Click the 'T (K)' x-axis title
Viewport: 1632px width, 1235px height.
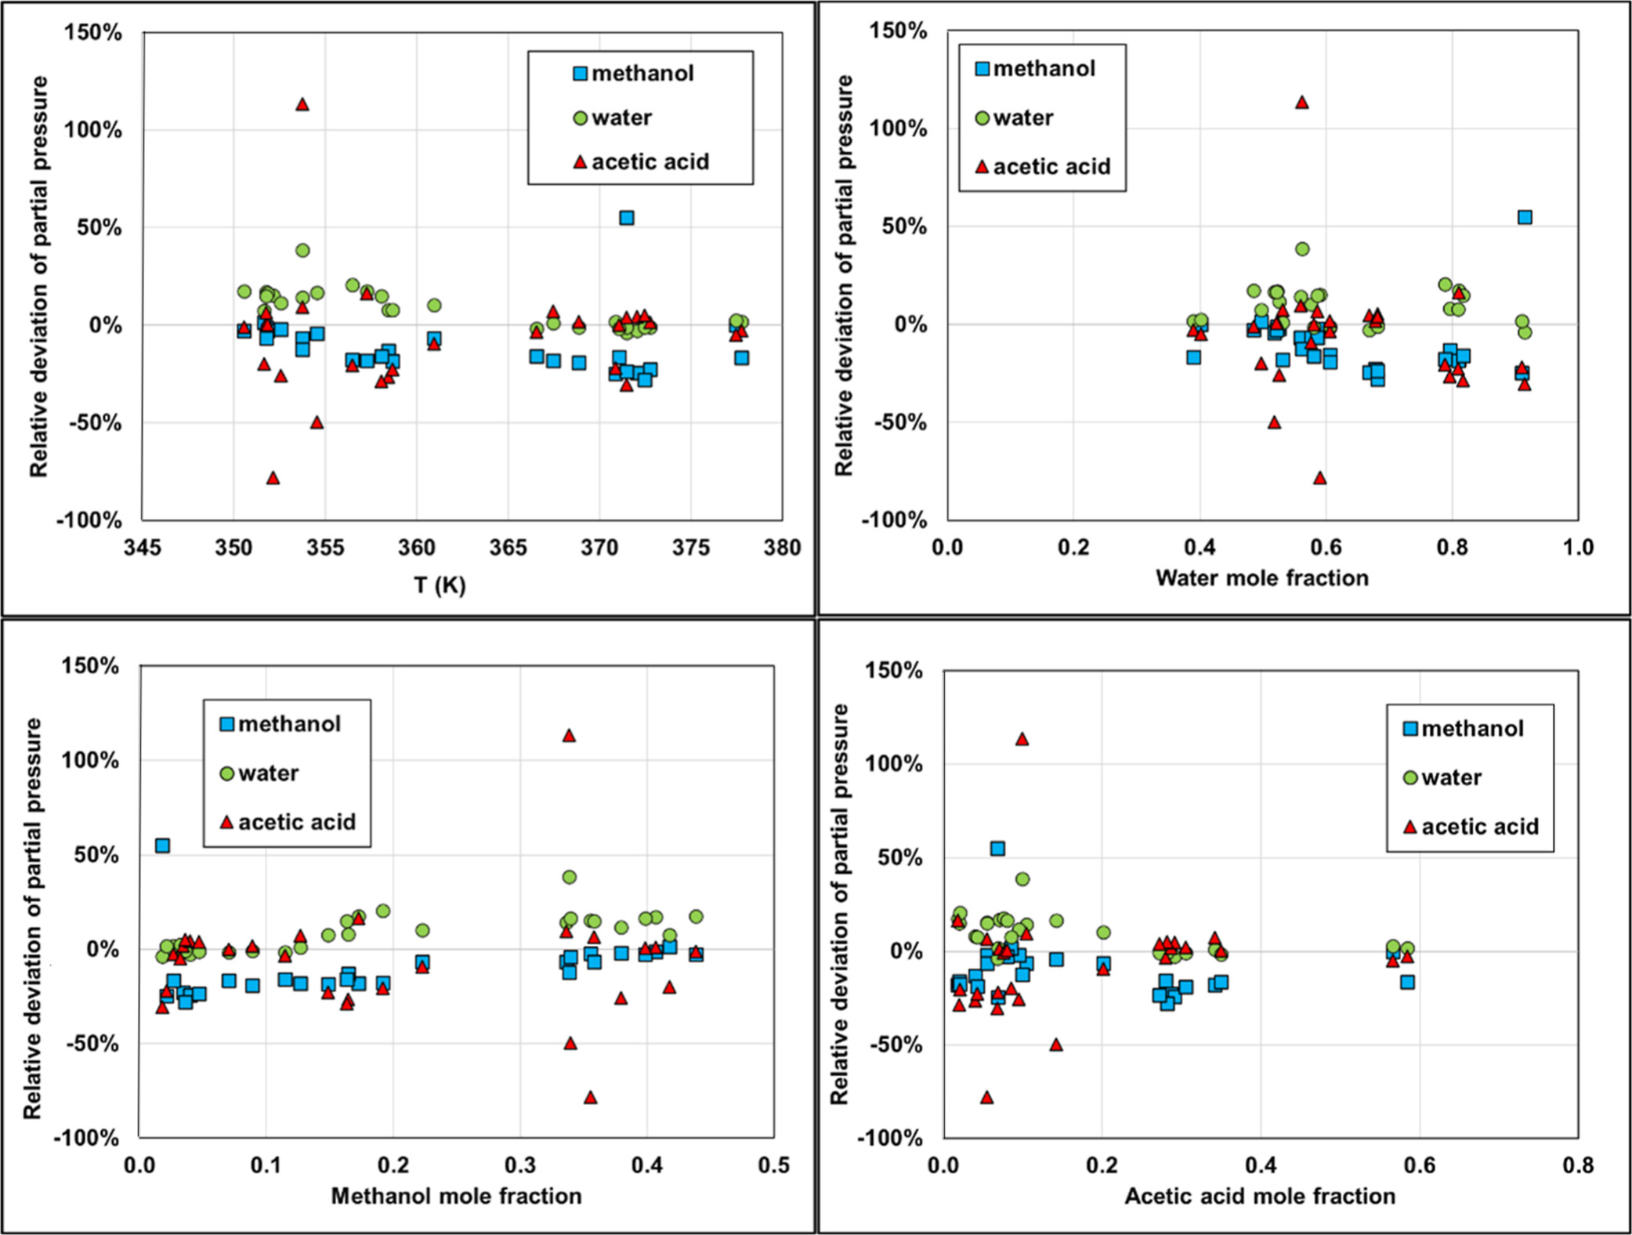tap(440, 585)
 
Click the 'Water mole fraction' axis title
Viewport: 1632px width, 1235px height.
tap(1261, 578)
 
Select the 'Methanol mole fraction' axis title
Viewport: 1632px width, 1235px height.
tap(456, 1196)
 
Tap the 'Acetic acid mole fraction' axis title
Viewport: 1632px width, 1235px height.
tap(1260, 1196)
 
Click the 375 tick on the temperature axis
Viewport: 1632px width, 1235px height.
tap(691, 547)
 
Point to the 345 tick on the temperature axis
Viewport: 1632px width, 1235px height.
tap(143, 547)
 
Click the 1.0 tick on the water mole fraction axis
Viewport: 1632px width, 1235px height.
tap(1578, 547)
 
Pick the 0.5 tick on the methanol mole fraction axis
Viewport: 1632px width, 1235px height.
tap(774, 1165)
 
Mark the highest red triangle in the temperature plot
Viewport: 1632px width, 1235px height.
tap(302, 104)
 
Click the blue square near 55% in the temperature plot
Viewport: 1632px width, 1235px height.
tap(627, 218)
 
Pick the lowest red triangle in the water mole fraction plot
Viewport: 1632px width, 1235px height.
tap(1320, 478)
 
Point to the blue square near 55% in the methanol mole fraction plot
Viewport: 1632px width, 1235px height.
tap(162, 846)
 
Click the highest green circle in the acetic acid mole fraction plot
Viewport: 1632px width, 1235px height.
tap(1022, 879)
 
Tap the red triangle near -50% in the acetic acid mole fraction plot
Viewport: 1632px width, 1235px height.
tap(1056, 1045)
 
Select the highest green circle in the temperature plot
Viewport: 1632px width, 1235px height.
tap(302, 251)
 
